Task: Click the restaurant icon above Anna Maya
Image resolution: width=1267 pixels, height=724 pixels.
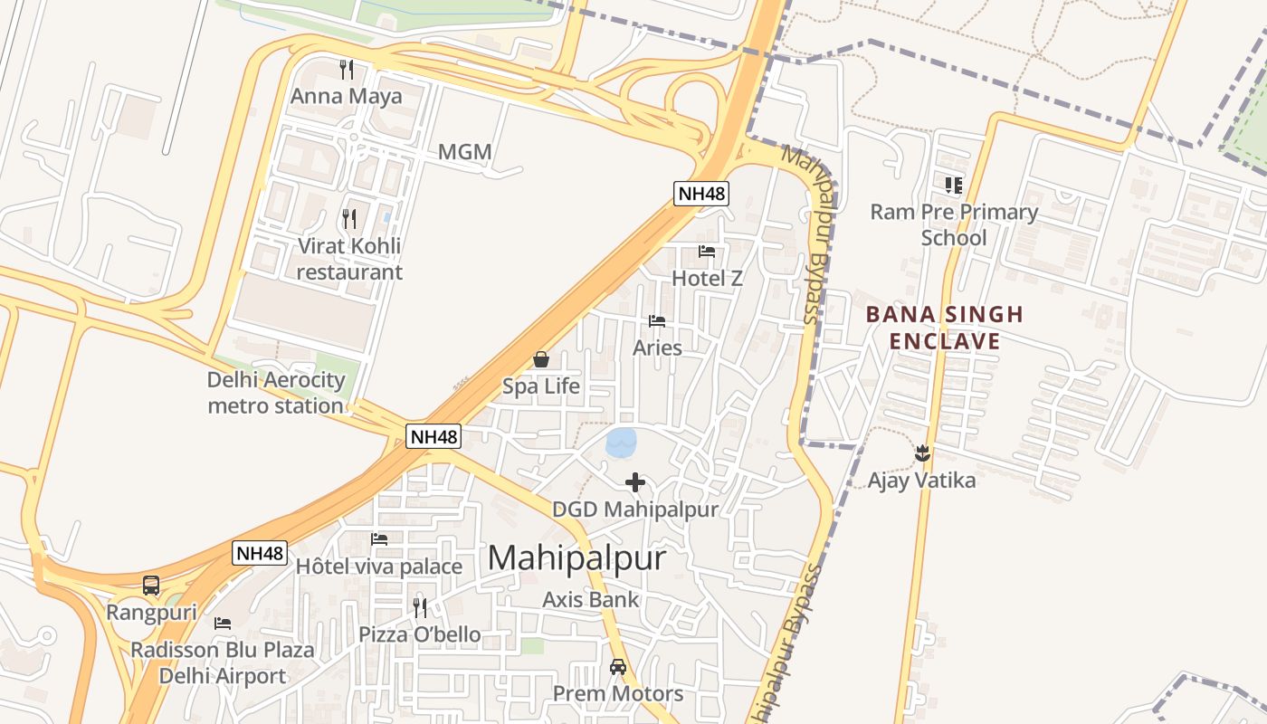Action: [346, 69]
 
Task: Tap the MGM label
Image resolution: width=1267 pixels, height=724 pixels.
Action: [464, 152]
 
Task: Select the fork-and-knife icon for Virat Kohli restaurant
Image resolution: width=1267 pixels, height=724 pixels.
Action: [349, 218]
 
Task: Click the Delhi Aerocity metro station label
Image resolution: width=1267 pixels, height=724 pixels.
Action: [276, 393]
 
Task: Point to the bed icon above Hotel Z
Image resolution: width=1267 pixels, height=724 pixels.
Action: [707, 251]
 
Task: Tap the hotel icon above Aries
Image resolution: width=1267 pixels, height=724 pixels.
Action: [657, 321]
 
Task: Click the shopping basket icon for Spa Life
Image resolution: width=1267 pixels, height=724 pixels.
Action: [541, 359]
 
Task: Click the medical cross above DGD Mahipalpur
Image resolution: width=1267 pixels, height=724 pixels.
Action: [635, 481]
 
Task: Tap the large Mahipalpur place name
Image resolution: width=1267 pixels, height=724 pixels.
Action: [577, 557]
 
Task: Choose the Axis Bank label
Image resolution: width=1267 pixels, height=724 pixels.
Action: [590, 599]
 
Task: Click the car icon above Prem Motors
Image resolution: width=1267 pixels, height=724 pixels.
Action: [618, 667]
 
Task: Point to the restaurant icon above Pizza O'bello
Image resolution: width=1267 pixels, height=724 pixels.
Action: [420, 606]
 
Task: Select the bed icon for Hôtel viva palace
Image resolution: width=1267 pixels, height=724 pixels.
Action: [379, 539]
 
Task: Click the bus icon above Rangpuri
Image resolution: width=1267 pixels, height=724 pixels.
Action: [151, 586]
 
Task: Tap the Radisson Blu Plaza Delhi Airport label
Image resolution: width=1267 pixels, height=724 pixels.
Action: [223, 662]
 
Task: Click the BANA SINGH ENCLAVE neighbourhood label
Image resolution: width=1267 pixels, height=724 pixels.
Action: [945, 328]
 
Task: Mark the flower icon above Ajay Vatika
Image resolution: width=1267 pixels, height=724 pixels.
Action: [922, 452]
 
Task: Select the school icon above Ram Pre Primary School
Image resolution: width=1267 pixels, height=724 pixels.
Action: [953, 186]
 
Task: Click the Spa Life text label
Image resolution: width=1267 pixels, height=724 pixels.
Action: [541, 386]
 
